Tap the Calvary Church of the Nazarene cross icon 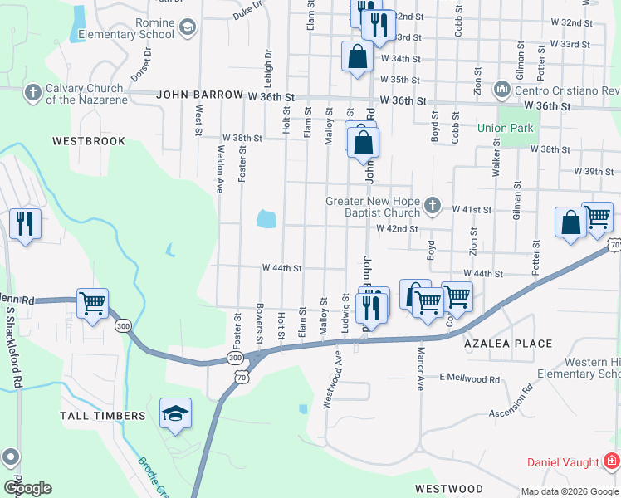click(33, 90)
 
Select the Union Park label click(506, 128)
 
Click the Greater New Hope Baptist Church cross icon click(432, 204)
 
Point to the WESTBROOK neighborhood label click(89, 141)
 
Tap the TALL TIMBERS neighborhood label click(102, 415)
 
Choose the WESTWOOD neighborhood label click(448, 488)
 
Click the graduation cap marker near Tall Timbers click(175, 413)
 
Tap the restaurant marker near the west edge click(25, 223)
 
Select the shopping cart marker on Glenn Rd click(92, 302)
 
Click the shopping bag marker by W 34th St click(357, 57)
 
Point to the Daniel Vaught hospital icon click(611, 460)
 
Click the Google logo click(27, 488)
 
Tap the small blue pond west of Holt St click(266, 219)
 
